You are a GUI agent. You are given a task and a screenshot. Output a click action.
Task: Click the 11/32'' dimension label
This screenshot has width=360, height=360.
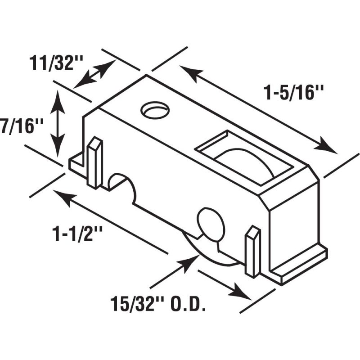(x=56, y=63)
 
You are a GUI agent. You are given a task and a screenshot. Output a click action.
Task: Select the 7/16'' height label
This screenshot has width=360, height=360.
(x=22, y=126)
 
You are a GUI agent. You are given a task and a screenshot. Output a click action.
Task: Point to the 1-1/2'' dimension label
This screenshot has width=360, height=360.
(x=77, y=234)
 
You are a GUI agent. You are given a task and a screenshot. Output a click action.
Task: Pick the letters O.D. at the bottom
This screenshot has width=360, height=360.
(x=187, y=304)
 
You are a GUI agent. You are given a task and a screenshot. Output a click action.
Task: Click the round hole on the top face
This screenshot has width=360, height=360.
(x=155, y=110)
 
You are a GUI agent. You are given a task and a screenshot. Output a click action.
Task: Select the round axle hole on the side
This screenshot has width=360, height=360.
(x=211, y=224)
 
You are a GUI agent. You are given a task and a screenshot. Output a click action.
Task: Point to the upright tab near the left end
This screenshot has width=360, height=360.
(x=94, y=162)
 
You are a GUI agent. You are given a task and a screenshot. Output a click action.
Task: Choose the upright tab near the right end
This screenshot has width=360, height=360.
(x=253, y=252)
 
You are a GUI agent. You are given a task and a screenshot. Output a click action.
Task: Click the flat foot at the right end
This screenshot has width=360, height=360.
(x=299, y=264)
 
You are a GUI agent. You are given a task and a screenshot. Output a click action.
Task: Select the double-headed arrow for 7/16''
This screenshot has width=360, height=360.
(x=57, y=124)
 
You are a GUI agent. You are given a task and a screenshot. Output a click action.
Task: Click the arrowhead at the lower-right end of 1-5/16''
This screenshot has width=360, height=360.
(x=324, y=145)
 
